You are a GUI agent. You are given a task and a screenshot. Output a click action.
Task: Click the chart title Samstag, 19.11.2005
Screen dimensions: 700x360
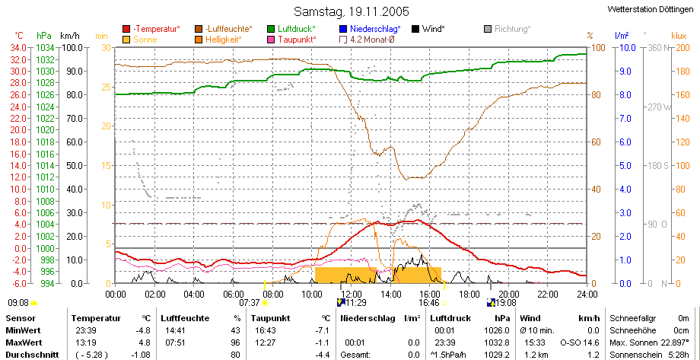(x=352, y=11)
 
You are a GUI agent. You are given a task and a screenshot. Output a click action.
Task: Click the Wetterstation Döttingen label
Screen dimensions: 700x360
(x=654, y=9)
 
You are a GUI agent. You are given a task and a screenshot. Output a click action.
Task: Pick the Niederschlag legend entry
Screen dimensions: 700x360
(x=370, y=29)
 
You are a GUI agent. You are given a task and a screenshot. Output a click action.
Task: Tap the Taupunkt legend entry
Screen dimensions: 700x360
(x=291, y=40)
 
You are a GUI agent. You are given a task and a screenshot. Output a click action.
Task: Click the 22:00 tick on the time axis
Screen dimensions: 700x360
(x=548, y=294)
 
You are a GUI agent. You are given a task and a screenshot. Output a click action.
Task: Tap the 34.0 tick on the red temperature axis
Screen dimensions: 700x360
(x=20, y=47)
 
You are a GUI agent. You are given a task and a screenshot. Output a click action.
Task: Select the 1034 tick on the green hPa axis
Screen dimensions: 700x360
(x=44, y=47)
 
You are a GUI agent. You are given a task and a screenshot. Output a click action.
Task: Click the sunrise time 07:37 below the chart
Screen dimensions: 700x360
(x=250, y=303)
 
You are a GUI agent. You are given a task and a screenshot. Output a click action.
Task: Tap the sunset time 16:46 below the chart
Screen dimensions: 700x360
(x=428, y=303)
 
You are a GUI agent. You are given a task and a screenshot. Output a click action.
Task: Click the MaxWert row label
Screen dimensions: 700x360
(x=24, y=342)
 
